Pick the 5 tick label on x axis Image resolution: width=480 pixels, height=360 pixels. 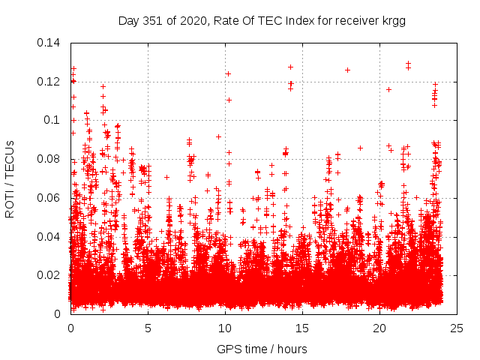(148, 328)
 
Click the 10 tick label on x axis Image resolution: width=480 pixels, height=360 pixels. (225, 328)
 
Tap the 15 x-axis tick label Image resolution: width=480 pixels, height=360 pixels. (302, 328)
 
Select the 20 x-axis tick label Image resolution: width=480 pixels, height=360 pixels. (379, 328)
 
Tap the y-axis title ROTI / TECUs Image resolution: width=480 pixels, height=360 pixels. (10, 178)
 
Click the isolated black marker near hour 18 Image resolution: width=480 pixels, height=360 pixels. (347, 70)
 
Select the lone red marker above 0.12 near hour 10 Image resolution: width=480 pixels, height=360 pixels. (228, 73)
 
